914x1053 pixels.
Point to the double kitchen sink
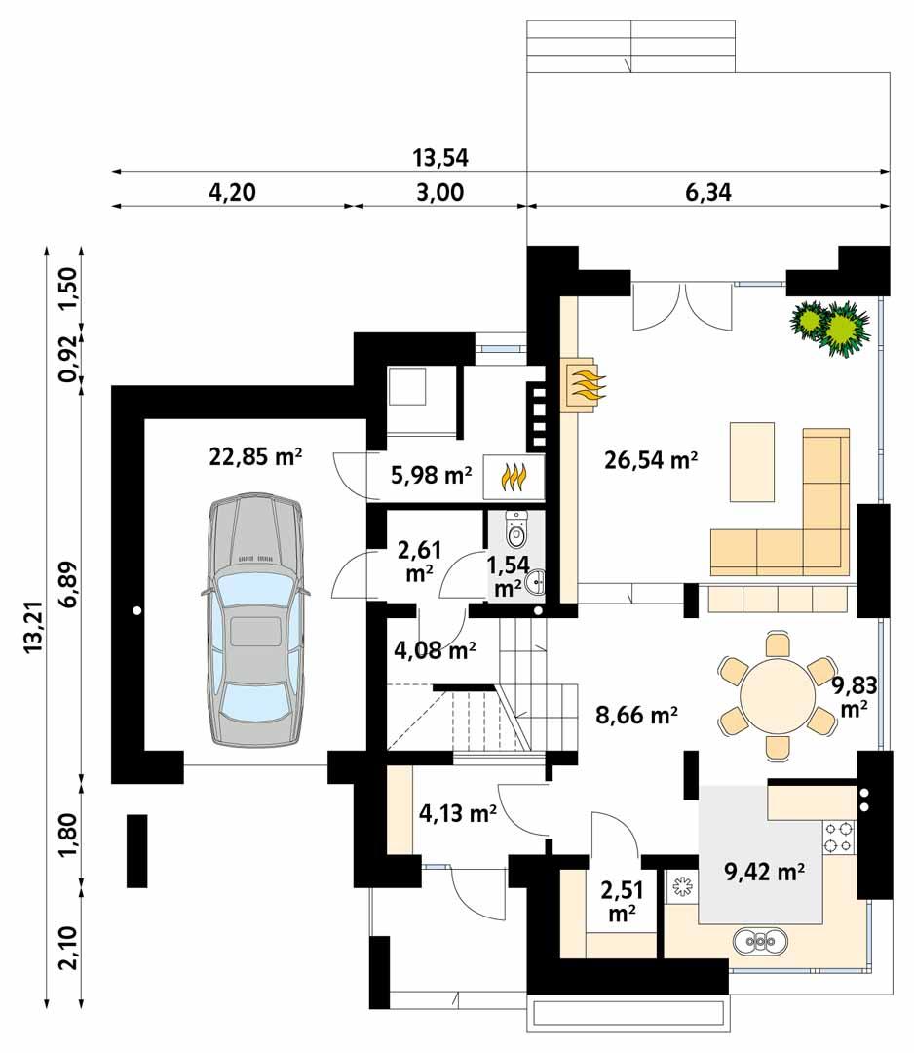point(764,942)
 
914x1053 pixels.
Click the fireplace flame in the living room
point(584,385)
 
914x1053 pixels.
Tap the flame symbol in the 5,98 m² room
point(514,477)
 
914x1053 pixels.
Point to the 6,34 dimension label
point(707,192)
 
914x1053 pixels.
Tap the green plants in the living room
point(830,326)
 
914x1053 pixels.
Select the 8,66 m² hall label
point(636,715)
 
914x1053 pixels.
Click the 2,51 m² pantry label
point(621,901)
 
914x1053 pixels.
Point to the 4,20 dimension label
point(232,192)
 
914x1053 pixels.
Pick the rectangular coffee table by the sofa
point(751,461)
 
